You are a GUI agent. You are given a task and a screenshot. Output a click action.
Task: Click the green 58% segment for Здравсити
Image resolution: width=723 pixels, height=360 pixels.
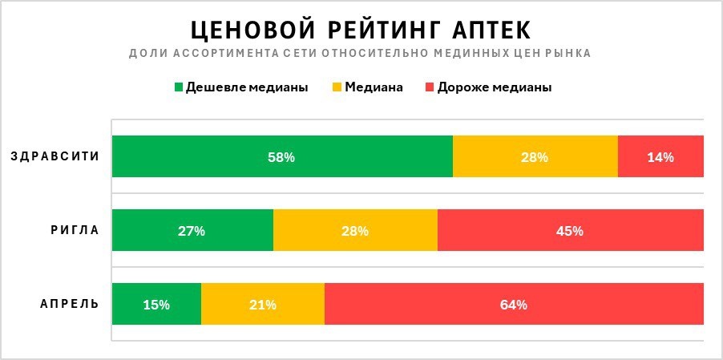click(x=282, y=156)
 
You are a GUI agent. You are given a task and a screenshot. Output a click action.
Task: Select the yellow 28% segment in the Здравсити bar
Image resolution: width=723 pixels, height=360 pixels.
click(x=535, y=156)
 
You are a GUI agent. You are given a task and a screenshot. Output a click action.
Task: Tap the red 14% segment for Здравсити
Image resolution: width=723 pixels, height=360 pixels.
click(x=660, y=156)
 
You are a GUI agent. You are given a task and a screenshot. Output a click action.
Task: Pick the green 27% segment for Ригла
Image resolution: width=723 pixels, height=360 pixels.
click(x=192, y=230)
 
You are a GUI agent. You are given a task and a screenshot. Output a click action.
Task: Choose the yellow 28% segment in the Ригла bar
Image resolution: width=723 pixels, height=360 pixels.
click(x=355, y=230)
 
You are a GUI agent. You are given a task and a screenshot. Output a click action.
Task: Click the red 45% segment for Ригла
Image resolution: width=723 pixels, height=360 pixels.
click(x=570, y=230)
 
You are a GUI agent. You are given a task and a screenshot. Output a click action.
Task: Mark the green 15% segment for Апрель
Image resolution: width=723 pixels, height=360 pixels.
click(x=156, y=304)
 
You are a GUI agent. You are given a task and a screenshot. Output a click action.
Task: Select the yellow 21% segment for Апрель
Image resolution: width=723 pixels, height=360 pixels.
click(x=263, y=304)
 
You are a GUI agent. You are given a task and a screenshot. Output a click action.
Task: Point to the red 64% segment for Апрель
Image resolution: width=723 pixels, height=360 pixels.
click(x=514, y=304)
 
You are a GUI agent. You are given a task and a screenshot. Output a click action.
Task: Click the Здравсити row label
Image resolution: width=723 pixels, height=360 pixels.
click(x=55, y=156)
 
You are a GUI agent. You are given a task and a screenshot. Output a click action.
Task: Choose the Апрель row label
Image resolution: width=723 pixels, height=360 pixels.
click(x=70, y=304)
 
